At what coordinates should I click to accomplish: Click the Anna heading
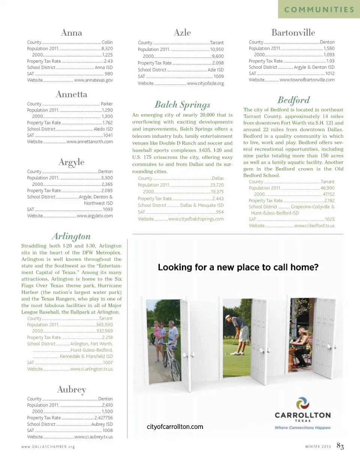click(71, 33)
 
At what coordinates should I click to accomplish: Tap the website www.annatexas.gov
click(93, 80)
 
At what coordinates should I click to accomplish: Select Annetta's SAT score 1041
click(108, 135)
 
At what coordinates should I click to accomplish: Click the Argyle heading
click(71, 162)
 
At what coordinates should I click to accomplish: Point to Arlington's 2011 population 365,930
click(104, 325)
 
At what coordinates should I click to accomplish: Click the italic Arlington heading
click(71, 236)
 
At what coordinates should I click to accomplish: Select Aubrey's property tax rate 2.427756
click(103, 418)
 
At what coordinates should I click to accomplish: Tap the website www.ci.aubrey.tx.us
click(94, 437)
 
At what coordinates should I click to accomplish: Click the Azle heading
click(182, 33)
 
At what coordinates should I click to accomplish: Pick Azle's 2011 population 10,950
click(217, 50)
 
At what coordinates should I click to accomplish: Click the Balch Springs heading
click(182, 105)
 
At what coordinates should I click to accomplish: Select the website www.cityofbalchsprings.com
click(196, 219)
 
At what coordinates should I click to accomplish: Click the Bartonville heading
click(293, 33)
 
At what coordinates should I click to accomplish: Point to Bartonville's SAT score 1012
click(330, 74)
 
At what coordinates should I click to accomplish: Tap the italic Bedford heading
click(293, 100)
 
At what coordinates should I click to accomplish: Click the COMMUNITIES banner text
click(319, 10)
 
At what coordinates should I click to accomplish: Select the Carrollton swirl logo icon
click(303, 404)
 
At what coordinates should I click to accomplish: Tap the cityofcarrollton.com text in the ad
click(175, 427)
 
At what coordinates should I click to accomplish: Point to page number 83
click(340, 446)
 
